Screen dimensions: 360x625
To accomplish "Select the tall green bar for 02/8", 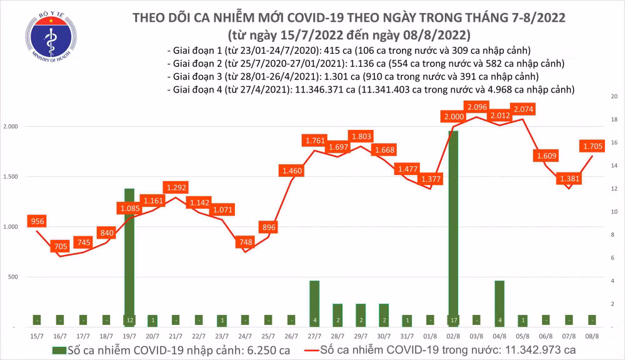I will pos(452,228).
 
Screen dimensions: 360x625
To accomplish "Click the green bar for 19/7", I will pos(129,256).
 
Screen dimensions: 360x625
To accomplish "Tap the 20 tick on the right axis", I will pos(614,97).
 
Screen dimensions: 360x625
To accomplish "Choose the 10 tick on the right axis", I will pos(614,212).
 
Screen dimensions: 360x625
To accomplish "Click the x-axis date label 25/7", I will pos(269,337).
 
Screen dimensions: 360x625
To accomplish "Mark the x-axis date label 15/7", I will pos(37,337).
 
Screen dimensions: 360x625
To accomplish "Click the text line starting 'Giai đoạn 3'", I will pos(353,77).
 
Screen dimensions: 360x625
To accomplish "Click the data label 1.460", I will pos(292,170).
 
